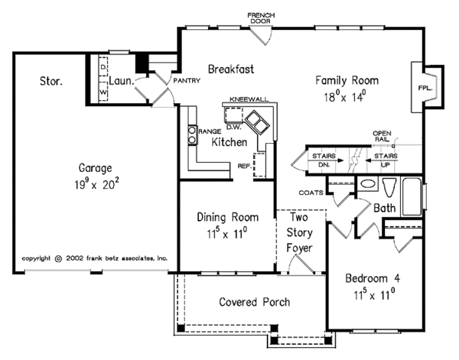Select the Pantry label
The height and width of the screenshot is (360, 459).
coord(187,79)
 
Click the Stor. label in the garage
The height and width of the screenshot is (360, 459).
coord(50,79)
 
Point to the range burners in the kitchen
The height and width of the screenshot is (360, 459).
coord(192,135)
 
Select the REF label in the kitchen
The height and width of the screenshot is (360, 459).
coord(244,164)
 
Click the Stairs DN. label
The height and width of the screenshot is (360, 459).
coord(321,160)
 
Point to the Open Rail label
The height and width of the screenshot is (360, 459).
coord(382,137)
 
